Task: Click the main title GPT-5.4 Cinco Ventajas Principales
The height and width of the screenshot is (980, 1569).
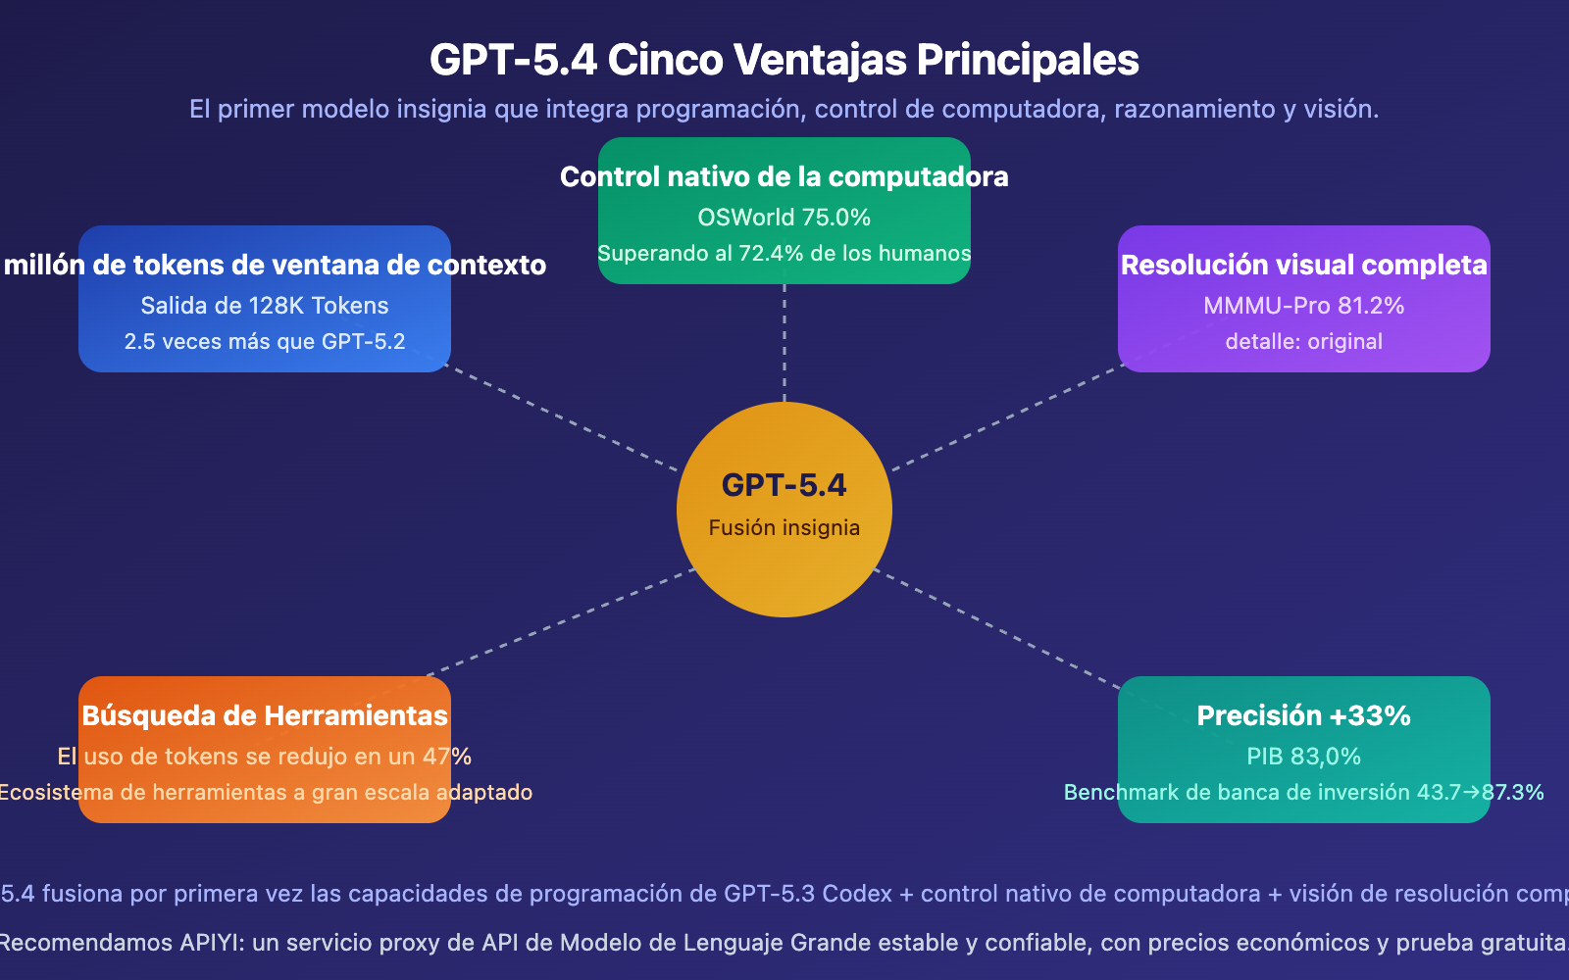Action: tap(784, 60)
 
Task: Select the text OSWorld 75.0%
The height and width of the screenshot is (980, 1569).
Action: tap(784, 218)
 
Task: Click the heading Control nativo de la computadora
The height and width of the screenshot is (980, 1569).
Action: tap(784, 176)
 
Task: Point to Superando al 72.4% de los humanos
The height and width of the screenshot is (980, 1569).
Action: tap(784, 253)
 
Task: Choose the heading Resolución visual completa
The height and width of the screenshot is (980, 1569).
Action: tap(1303, 265)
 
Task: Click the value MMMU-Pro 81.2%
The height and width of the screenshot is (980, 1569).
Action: tap(1303, 306)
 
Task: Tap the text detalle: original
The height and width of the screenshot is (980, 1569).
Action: tap(1303, 342)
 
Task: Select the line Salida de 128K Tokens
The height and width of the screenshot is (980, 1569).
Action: tap(265, 306)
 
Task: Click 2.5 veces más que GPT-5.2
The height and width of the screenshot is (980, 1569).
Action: tap(265, 342)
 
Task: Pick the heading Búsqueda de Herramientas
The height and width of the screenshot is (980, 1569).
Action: tap(265, 715)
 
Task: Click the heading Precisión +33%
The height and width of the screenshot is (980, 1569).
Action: tap(1303, 715)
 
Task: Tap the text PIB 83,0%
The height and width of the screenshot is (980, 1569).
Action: tap(1303, 757)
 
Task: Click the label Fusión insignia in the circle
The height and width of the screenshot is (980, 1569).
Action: tap(784, 527)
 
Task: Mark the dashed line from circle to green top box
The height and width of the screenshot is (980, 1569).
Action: tap(784, 343)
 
